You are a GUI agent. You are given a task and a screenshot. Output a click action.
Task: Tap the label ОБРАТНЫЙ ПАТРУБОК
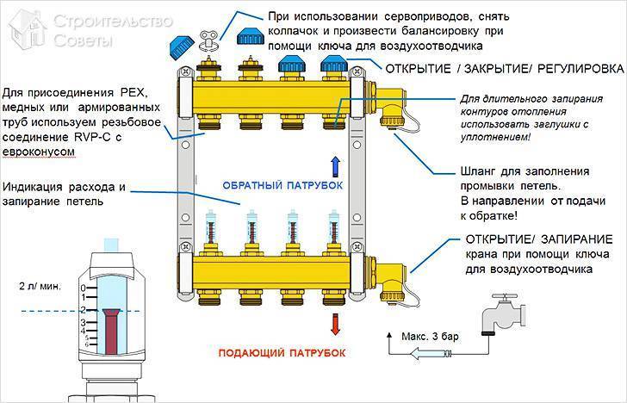(x=276, y=186)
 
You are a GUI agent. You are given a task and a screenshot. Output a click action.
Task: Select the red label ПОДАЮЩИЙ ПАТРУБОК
(x=280, y=353)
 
